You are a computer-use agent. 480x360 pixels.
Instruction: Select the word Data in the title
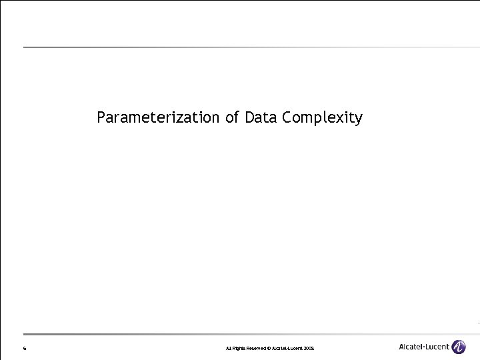pyautogui.click(x=261, y=118)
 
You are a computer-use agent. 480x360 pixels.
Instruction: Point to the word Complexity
pyautogui.click(x=323, y=119)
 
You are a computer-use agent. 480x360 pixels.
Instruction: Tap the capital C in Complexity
pyautogui.click(x=287, y=118)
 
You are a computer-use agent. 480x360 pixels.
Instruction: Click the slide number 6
pyautogui.click(x=24, y=349)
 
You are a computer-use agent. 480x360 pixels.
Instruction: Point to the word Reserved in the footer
pyautogui.click(x=257, y=349)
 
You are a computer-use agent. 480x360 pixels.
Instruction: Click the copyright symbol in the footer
pyautogui.click(x=270, y=349)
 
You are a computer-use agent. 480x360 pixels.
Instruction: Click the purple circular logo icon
pyautogui.click(x=459, y=347)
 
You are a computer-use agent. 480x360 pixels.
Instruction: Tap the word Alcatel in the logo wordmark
pyautogui.click(x=412, y=347)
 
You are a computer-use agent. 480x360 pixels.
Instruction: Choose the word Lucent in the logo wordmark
pyautogui.click(x=437, y=347)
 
